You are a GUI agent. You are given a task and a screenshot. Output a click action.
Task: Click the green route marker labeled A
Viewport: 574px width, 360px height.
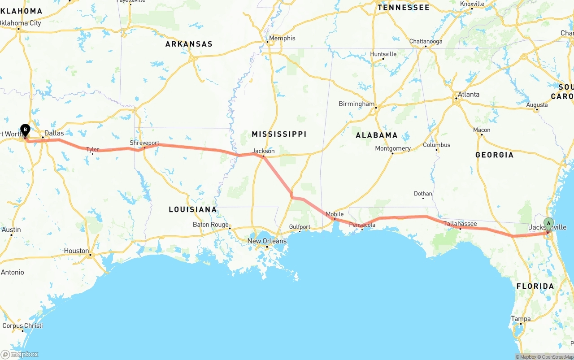coord(548,223)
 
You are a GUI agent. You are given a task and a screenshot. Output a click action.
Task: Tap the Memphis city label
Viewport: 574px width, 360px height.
coord(282,38)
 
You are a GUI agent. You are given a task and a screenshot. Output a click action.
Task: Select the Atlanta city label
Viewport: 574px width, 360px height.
coord(468,94)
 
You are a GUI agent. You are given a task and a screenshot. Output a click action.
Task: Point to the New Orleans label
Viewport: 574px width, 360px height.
coord(267,241)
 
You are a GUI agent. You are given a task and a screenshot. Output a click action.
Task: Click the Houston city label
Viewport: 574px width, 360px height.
coord(76,251)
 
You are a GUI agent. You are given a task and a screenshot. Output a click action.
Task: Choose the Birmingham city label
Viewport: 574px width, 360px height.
coord(357,104)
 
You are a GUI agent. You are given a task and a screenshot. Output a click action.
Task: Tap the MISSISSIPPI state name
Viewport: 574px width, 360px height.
coord(279,134)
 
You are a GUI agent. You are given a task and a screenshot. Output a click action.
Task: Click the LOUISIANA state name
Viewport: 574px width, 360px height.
coord(193,209)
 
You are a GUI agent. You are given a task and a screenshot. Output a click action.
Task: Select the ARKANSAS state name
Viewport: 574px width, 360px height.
coord(189,44)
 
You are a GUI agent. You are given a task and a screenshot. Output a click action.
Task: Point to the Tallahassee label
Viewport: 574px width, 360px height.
coord(460,223)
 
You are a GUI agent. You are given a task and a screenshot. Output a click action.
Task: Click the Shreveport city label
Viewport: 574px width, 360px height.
coord(144,143)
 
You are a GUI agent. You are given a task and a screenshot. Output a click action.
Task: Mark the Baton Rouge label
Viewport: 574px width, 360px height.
coord(211,224)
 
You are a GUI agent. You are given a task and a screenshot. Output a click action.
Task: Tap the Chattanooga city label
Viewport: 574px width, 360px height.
coord(426,41)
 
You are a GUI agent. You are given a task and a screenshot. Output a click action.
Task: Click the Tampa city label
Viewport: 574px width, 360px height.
coord(521,319)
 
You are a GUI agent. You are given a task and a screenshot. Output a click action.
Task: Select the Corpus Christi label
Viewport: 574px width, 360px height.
coord(22,325)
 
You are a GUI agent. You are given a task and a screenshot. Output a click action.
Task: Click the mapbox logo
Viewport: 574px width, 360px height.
coord(20,354)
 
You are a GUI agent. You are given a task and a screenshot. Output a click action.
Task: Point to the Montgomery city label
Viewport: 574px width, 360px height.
coord(393,148)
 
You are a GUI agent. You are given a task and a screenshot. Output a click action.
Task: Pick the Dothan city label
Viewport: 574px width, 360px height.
coord(423,194)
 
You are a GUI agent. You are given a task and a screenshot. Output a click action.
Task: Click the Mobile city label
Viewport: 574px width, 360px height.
coord(335,214)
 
